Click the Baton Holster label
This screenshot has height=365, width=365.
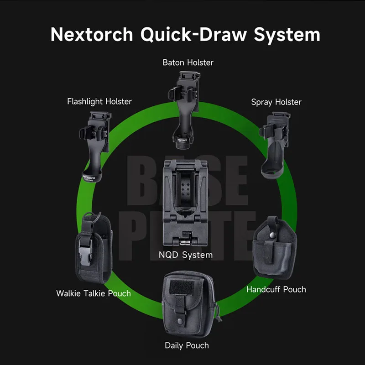[188, 62]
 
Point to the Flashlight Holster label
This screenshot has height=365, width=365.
[99, 101]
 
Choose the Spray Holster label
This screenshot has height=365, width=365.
[276, 102]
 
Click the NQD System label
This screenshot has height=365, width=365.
[186, 255]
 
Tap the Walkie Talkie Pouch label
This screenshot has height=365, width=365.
[94, 293]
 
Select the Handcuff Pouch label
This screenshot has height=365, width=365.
[276, 289]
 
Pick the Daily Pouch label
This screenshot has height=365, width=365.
[187, 345]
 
